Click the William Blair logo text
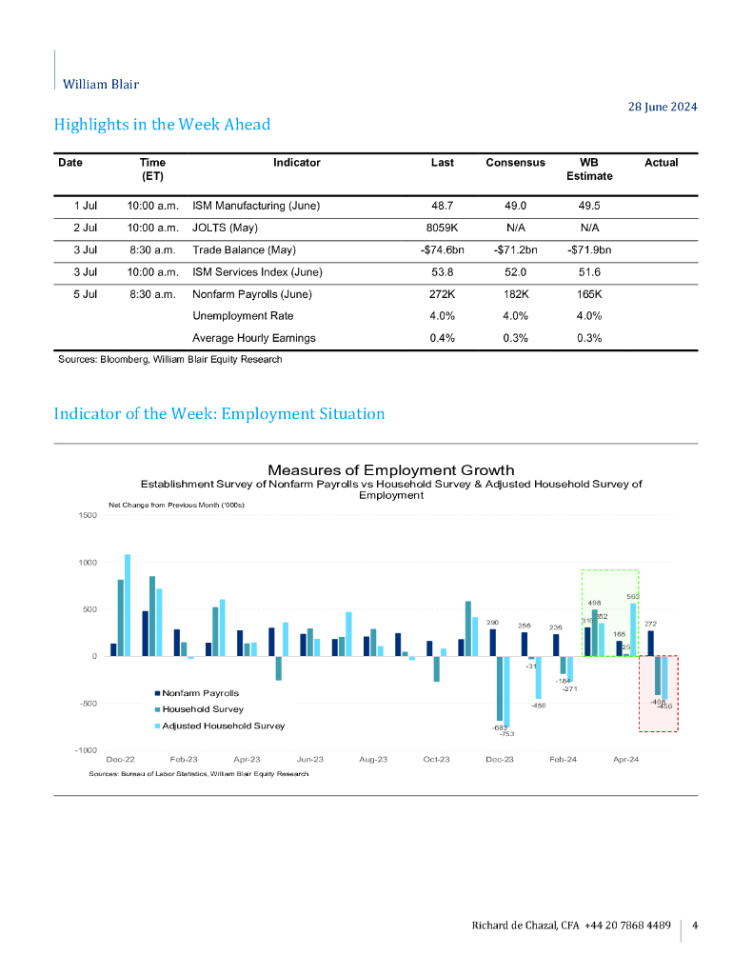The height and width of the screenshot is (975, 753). tap(100, 84)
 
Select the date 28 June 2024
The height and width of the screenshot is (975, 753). tap(664, 107)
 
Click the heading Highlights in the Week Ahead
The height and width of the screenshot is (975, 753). tap(162, 125)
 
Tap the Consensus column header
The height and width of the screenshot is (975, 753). tap(514, 163)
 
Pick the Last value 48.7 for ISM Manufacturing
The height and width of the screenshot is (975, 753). tap(442, 206)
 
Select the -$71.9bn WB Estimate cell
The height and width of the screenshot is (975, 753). tap(588, 250)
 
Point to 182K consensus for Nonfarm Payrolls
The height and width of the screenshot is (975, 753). tap(514, 294)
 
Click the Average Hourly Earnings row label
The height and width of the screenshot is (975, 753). tap(254, 338)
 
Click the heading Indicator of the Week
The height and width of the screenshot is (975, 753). tap(219, 414)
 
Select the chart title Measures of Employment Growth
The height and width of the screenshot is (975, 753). tap(390, 470)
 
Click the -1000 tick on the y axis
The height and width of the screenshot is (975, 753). tap(86, 750)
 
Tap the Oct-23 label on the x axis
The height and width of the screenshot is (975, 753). tap(436, 761)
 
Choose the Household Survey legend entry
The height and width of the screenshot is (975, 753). tap(202, 709)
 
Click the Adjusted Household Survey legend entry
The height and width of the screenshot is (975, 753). tap(223, 726)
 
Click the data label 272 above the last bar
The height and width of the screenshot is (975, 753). tap(651, 625)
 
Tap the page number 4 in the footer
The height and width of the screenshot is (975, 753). tap(695, 925)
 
